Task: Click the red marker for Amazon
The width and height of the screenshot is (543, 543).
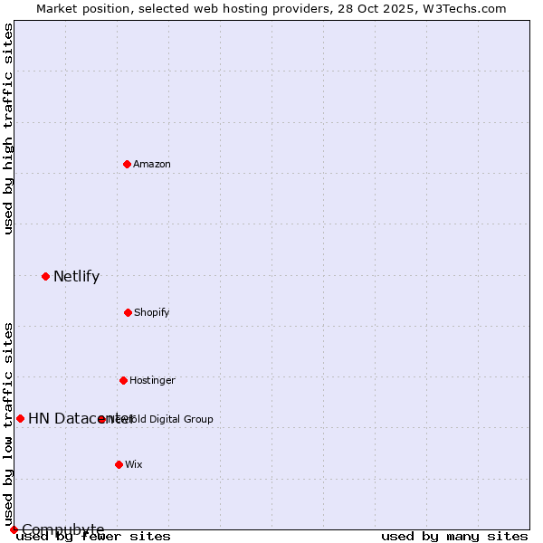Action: (127, 164)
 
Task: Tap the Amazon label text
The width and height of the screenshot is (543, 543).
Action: (152, 164)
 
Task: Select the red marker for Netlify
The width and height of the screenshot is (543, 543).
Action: (45, 276)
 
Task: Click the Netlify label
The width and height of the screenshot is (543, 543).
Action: (76, 277)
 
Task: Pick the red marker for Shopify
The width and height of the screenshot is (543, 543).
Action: (128, 312)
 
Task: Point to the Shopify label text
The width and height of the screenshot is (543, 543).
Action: (152, 312)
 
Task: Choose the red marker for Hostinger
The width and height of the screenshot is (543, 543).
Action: (123, 380)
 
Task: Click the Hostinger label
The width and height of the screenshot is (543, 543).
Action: (152, 380)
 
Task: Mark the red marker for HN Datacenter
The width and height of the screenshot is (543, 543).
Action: (20, 418)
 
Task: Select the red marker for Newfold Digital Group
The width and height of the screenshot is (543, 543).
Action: (101, 419)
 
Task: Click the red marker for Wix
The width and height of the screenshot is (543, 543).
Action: (119, 464)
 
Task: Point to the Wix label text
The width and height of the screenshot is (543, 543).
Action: (134, 464)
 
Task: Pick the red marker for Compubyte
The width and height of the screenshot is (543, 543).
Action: (14, 529)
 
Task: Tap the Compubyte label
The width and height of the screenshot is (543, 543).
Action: (63, 529)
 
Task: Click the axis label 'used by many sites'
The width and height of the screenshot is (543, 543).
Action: (454, 537)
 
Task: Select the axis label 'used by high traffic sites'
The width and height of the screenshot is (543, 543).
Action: (9, 129)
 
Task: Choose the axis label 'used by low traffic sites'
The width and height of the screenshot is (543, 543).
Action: (9, 424)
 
